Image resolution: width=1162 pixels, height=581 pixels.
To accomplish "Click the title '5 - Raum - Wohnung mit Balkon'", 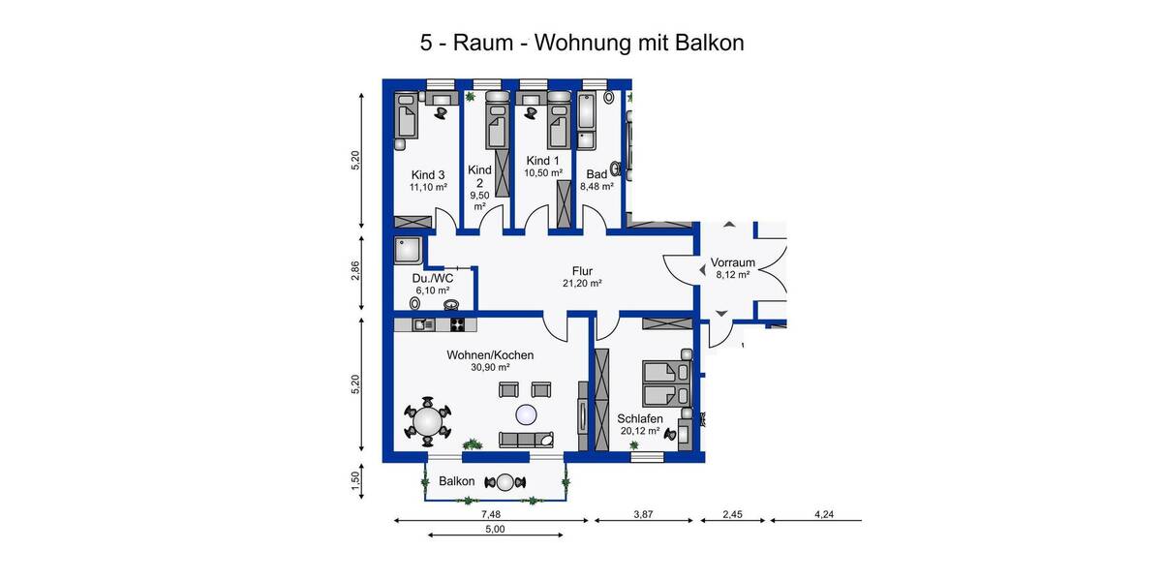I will pos(581,43).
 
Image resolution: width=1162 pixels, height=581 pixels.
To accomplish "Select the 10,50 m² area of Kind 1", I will pos(543,173).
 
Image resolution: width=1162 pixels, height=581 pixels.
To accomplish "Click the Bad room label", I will pos(596,174).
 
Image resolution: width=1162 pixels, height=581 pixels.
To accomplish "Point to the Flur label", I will pos(582,271).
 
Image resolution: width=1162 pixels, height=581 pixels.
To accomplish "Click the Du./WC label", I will pos(431,277).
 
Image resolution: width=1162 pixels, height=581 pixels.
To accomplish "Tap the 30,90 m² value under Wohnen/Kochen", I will pos(490,368).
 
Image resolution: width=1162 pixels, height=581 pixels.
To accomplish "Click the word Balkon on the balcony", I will pos(456,481).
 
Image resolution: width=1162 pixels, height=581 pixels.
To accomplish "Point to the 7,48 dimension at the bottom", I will pos(492,514).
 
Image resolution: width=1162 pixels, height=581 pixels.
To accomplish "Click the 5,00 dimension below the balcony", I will pos(494,530).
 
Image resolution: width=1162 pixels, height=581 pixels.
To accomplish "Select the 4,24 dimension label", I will pos(823,514).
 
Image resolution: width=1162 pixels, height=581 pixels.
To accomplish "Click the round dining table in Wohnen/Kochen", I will pos(426,421).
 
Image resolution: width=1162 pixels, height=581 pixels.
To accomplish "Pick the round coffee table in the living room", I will pos(526,415).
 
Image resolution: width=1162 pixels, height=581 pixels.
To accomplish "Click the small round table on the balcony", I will pos(505,482).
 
